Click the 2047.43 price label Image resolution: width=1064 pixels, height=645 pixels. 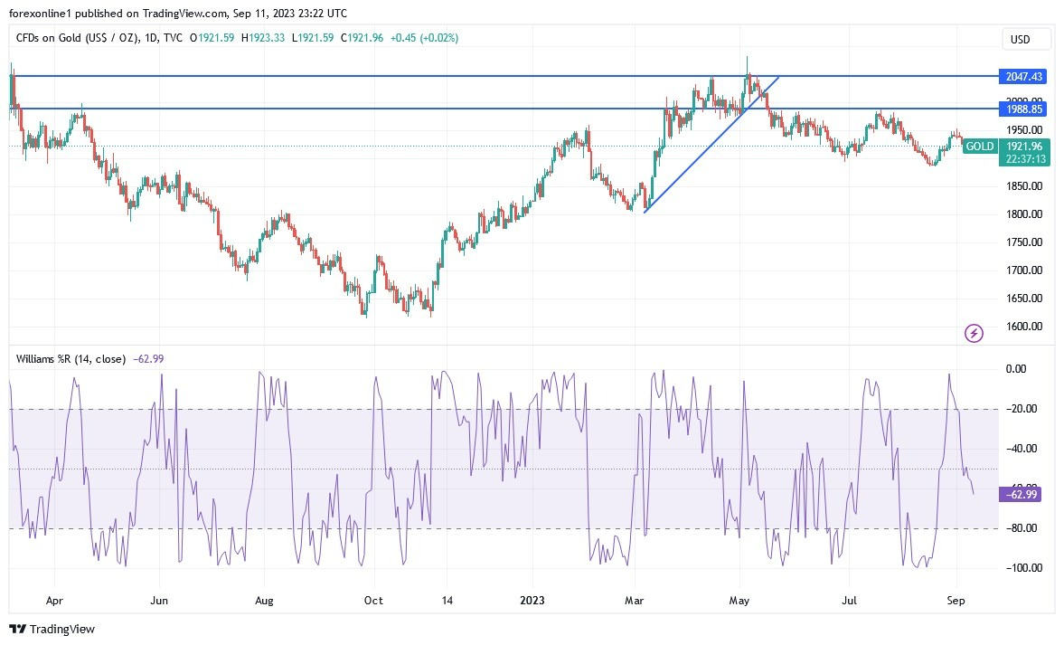(x=1024, y=77)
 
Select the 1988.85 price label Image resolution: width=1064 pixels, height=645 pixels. (x=1024, y=109)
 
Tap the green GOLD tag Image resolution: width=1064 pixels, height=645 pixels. (x=980, y=147)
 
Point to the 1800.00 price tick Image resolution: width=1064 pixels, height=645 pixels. (x=1023, y=214)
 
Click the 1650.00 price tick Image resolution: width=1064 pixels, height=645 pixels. (x=1023, y=299)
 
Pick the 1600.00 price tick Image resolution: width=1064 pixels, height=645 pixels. (x=1023, y=327)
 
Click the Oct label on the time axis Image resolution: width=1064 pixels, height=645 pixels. (x=373, y=600)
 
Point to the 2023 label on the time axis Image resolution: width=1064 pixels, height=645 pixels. (x=532, y=600)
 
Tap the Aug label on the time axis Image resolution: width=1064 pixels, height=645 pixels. (x=264, y=600)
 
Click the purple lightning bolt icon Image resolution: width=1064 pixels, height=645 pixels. (x=975, y=334)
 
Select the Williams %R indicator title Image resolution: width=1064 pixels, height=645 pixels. (x=71, y=359)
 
